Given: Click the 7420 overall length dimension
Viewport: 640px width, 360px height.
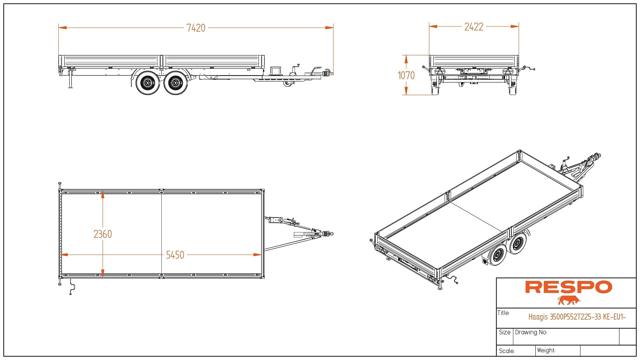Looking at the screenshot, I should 196,28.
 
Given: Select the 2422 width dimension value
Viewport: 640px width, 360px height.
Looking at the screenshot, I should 474,27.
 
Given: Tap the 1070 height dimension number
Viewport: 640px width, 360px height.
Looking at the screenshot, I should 406,76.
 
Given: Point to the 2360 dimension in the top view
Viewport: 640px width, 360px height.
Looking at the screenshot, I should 103,234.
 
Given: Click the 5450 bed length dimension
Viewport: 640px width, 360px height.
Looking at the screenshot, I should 175,255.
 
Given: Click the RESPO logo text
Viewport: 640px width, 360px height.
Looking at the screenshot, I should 568,287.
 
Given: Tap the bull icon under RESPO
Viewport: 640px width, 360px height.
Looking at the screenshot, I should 569,300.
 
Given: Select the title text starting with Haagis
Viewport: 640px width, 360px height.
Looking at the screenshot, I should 577,317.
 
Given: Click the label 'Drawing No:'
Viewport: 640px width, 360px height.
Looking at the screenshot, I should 531,332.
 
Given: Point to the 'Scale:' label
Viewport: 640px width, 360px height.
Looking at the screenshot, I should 507,351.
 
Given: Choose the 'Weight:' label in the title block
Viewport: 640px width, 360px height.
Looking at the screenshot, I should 546,350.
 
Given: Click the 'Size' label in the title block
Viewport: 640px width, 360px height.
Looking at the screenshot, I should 504,332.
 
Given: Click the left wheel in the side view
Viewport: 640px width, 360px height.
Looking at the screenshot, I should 147,83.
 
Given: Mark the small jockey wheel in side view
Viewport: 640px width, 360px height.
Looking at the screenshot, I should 287,83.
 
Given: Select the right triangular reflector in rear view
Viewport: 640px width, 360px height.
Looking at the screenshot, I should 508,71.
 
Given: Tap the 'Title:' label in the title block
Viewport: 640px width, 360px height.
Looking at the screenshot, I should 503,313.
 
